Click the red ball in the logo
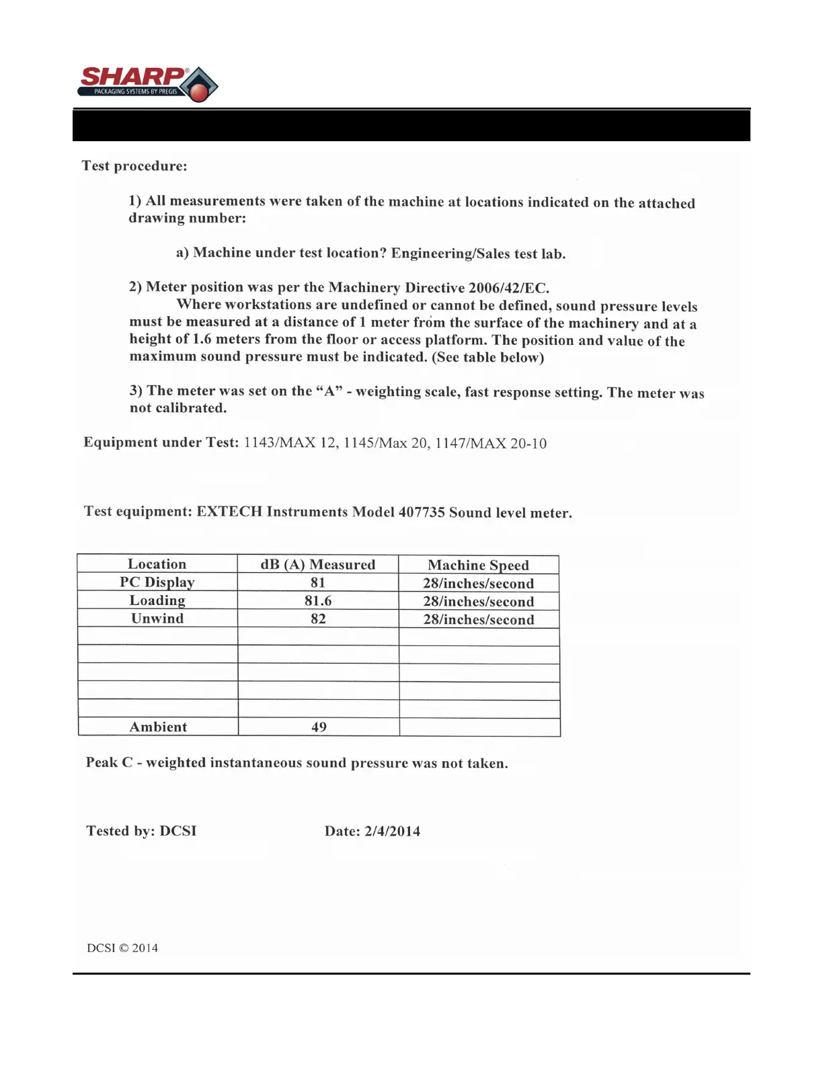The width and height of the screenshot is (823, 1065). point(199,91)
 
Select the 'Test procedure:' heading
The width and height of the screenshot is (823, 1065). point(134,166)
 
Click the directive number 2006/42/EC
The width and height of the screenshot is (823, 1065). point(508,288)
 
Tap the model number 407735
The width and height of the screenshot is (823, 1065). point(422,512)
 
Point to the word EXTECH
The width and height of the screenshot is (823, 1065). point(229,512)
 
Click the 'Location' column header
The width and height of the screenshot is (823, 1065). point(157,564)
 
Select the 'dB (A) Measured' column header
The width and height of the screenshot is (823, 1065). point(318,565)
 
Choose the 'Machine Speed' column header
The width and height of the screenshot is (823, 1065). point(478,565)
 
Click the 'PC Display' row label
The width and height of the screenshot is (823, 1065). point(157,582)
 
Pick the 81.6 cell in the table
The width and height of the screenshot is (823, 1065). point(318,601)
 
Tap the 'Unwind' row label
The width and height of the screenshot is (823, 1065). point(157,619)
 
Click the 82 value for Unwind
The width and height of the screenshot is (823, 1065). point(318,619)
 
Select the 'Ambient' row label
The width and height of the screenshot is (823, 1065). point(158,727)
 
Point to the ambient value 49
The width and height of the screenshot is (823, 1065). point(319,727)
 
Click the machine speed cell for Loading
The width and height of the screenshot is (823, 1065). point(478,602)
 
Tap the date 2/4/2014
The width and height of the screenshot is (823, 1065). point(392,832)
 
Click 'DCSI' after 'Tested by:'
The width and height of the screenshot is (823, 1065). point(178,831)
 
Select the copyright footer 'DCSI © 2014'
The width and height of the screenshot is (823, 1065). point(122,948)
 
